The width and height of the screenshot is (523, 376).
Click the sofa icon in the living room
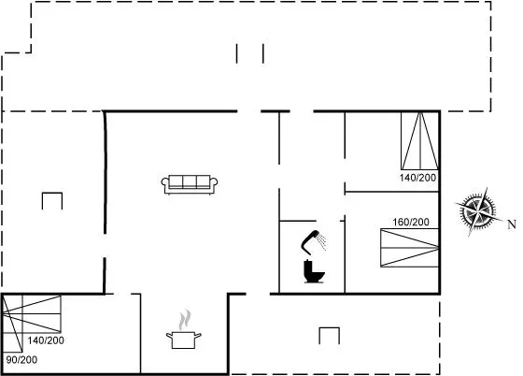pos(190,184)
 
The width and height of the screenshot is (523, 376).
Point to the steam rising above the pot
pos(185,320)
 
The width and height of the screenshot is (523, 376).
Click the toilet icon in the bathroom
pos(314,271)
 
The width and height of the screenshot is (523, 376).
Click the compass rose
pos(477,211)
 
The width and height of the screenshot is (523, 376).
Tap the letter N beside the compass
pos(512,224)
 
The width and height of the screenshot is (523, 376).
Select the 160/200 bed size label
pos(411,222)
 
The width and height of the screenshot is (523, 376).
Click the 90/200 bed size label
pos(21,360)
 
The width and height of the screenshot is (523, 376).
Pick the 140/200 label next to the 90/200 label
pos(46,340)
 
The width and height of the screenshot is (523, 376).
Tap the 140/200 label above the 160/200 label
pos(418,178)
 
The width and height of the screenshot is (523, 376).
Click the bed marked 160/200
pos(410,248)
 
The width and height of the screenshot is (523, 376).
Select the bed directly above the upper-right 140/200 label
pos(420,140)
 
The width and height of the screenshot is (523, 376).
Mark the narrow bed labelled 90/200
pos(12,324)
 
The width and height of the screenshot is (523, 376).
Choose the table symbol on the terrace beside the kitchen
pos(329,336)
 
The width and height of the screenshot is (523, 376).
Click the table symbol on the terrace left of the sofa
pos(52,201)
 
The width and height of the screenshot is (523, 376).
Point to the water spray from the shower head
pos(322,241)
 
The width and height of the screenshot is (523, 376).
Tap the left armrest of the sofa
pos(165,184)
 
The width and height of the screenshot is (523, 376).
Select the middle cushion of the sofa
pos(190,181)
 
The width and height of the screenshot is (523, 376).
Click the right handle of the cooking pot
pos(198,335)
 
